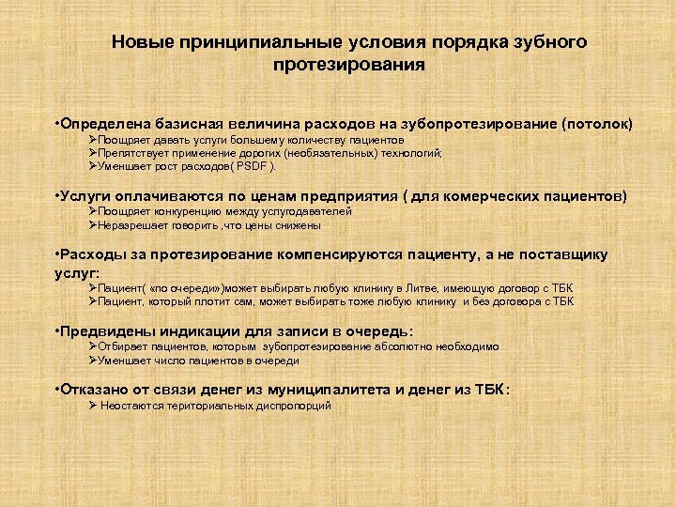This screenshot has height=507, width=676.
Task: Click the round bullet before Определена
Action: coord(58,123)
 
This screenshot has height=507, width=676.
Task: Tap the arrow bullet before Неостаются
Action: coord(93,406)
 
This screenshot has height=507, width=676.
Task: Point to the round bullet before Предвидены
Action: coord(58,330)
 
